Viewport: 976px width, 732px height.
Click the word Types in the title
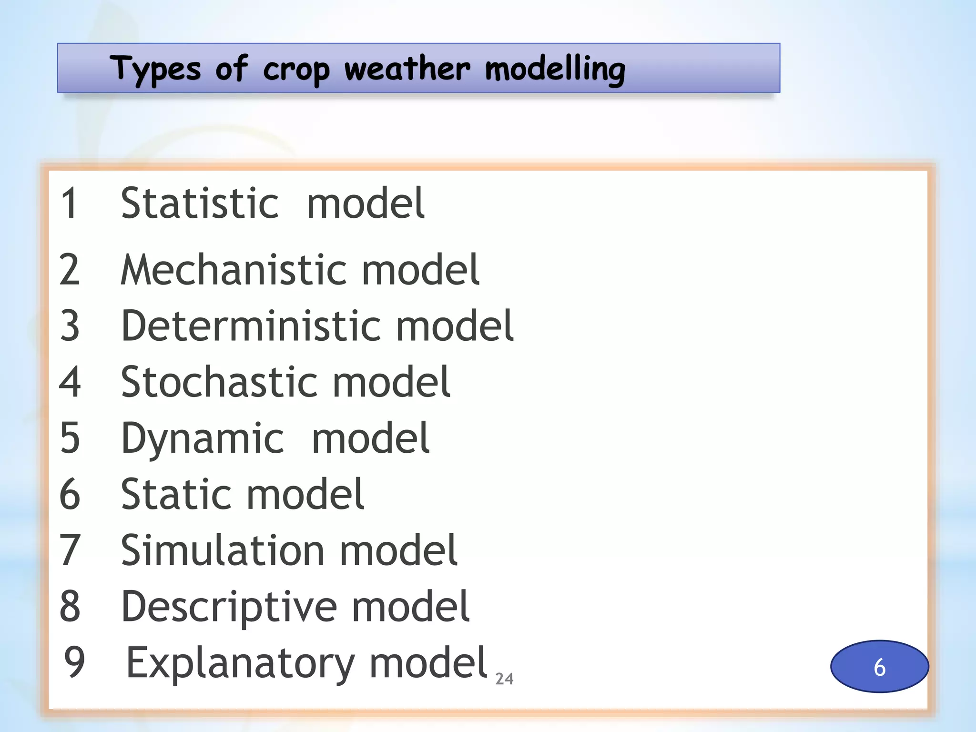tap(155, 69)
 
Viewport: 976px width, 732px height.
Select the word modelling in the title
tap(555, 69)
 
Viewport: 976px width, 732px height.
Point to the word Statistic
tap(200, 203)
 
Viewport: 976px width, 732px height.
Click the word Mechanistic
tap(234, 270)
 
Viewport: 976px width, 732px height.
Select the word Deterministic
tap(251, 326)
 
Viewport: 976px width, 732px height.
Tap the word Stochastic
tap(219, 382)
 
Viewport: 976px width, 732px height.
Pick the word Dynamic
tap(203, 438)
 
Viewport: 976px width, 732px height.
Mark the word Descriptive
tap(229, 607)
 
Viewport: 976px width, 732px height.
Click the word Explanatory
tap(240, 663)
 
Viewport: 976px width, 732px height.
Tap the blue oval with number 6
tap(879, 666)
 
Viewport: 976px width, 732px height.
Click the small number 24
tap(504, 679)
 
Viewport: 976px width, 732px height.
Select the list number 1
tap(70, 203)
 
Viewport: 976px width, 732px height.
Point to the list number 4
tap(70, 382)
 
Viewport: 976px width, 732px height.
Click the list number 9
tap(75, 662)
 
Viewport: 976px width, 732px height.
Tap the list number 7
tap(70, 550)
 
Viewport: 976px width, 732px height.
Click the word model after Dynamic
tap(370, 438)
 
